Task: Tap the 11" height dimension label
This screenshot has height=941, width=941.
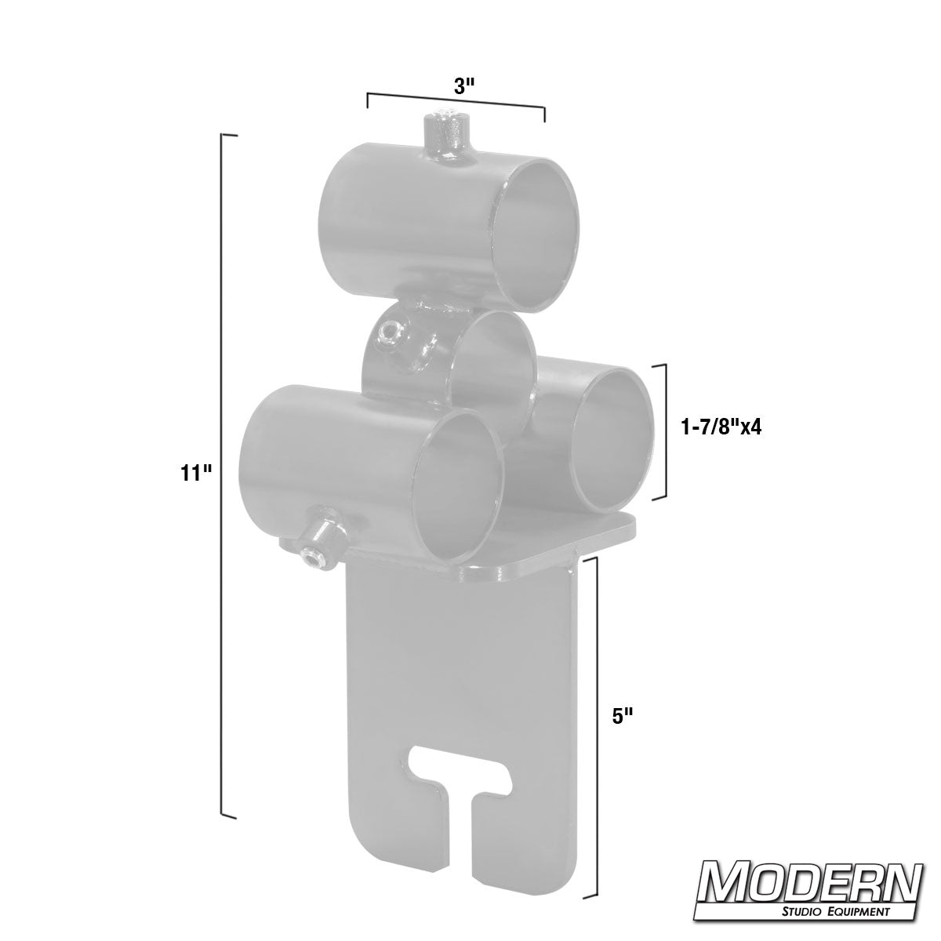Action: click(x=196, y=473)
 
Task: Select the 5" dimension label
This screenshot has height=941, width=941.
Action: click(x=623, y=716)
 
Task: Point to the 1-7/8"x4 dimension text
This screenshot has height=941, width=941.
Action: click(x=722, y=427)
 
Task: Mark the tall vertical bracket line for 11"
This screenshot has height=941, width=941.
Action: click(x=225, y=470)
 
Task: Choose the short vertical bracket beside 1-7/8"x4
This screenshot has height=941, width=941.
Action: click(x=665, y=431)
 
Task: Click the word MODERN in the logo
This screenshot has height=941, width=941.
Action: click(x=810, y=884)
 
